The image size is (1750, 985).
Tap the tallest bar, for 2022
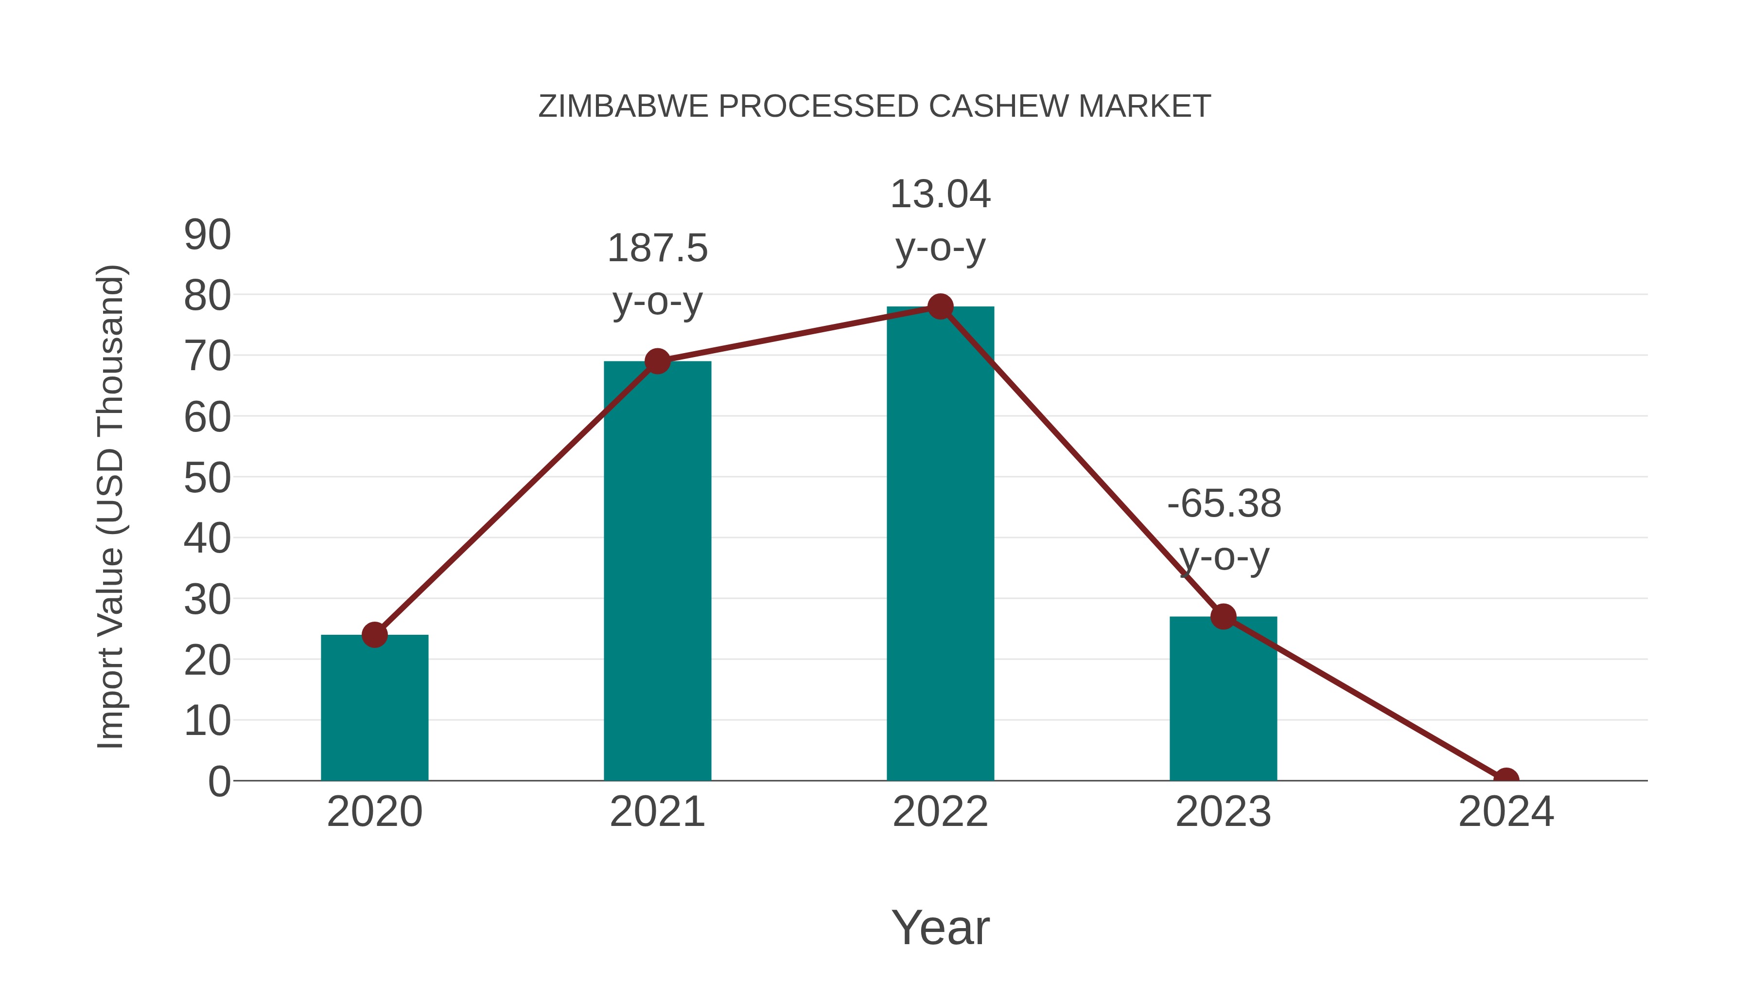tap(940, 544)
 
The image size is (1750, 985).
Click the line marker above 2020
tap(374, 635)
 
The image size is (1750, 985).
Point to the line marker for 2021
tap(657, 361)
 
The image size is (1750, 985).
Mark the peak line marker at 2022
tap(940, 306)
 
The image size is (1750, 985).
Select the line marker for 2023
tap(1223, 617)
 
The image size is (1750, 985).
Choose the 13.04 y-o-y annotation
tap(940, 220)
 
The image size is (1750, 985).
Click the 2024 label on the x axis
tap(1506, 812)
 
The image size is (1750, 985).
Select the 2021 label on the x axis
tap(657, 812)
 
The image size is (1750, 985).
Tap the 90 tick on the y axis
tap(207, 235)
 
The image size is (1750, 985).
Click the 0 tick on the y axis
tap(219, 782)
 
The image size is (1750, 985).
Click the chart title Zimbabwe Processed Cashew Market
tap(875, 107)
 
